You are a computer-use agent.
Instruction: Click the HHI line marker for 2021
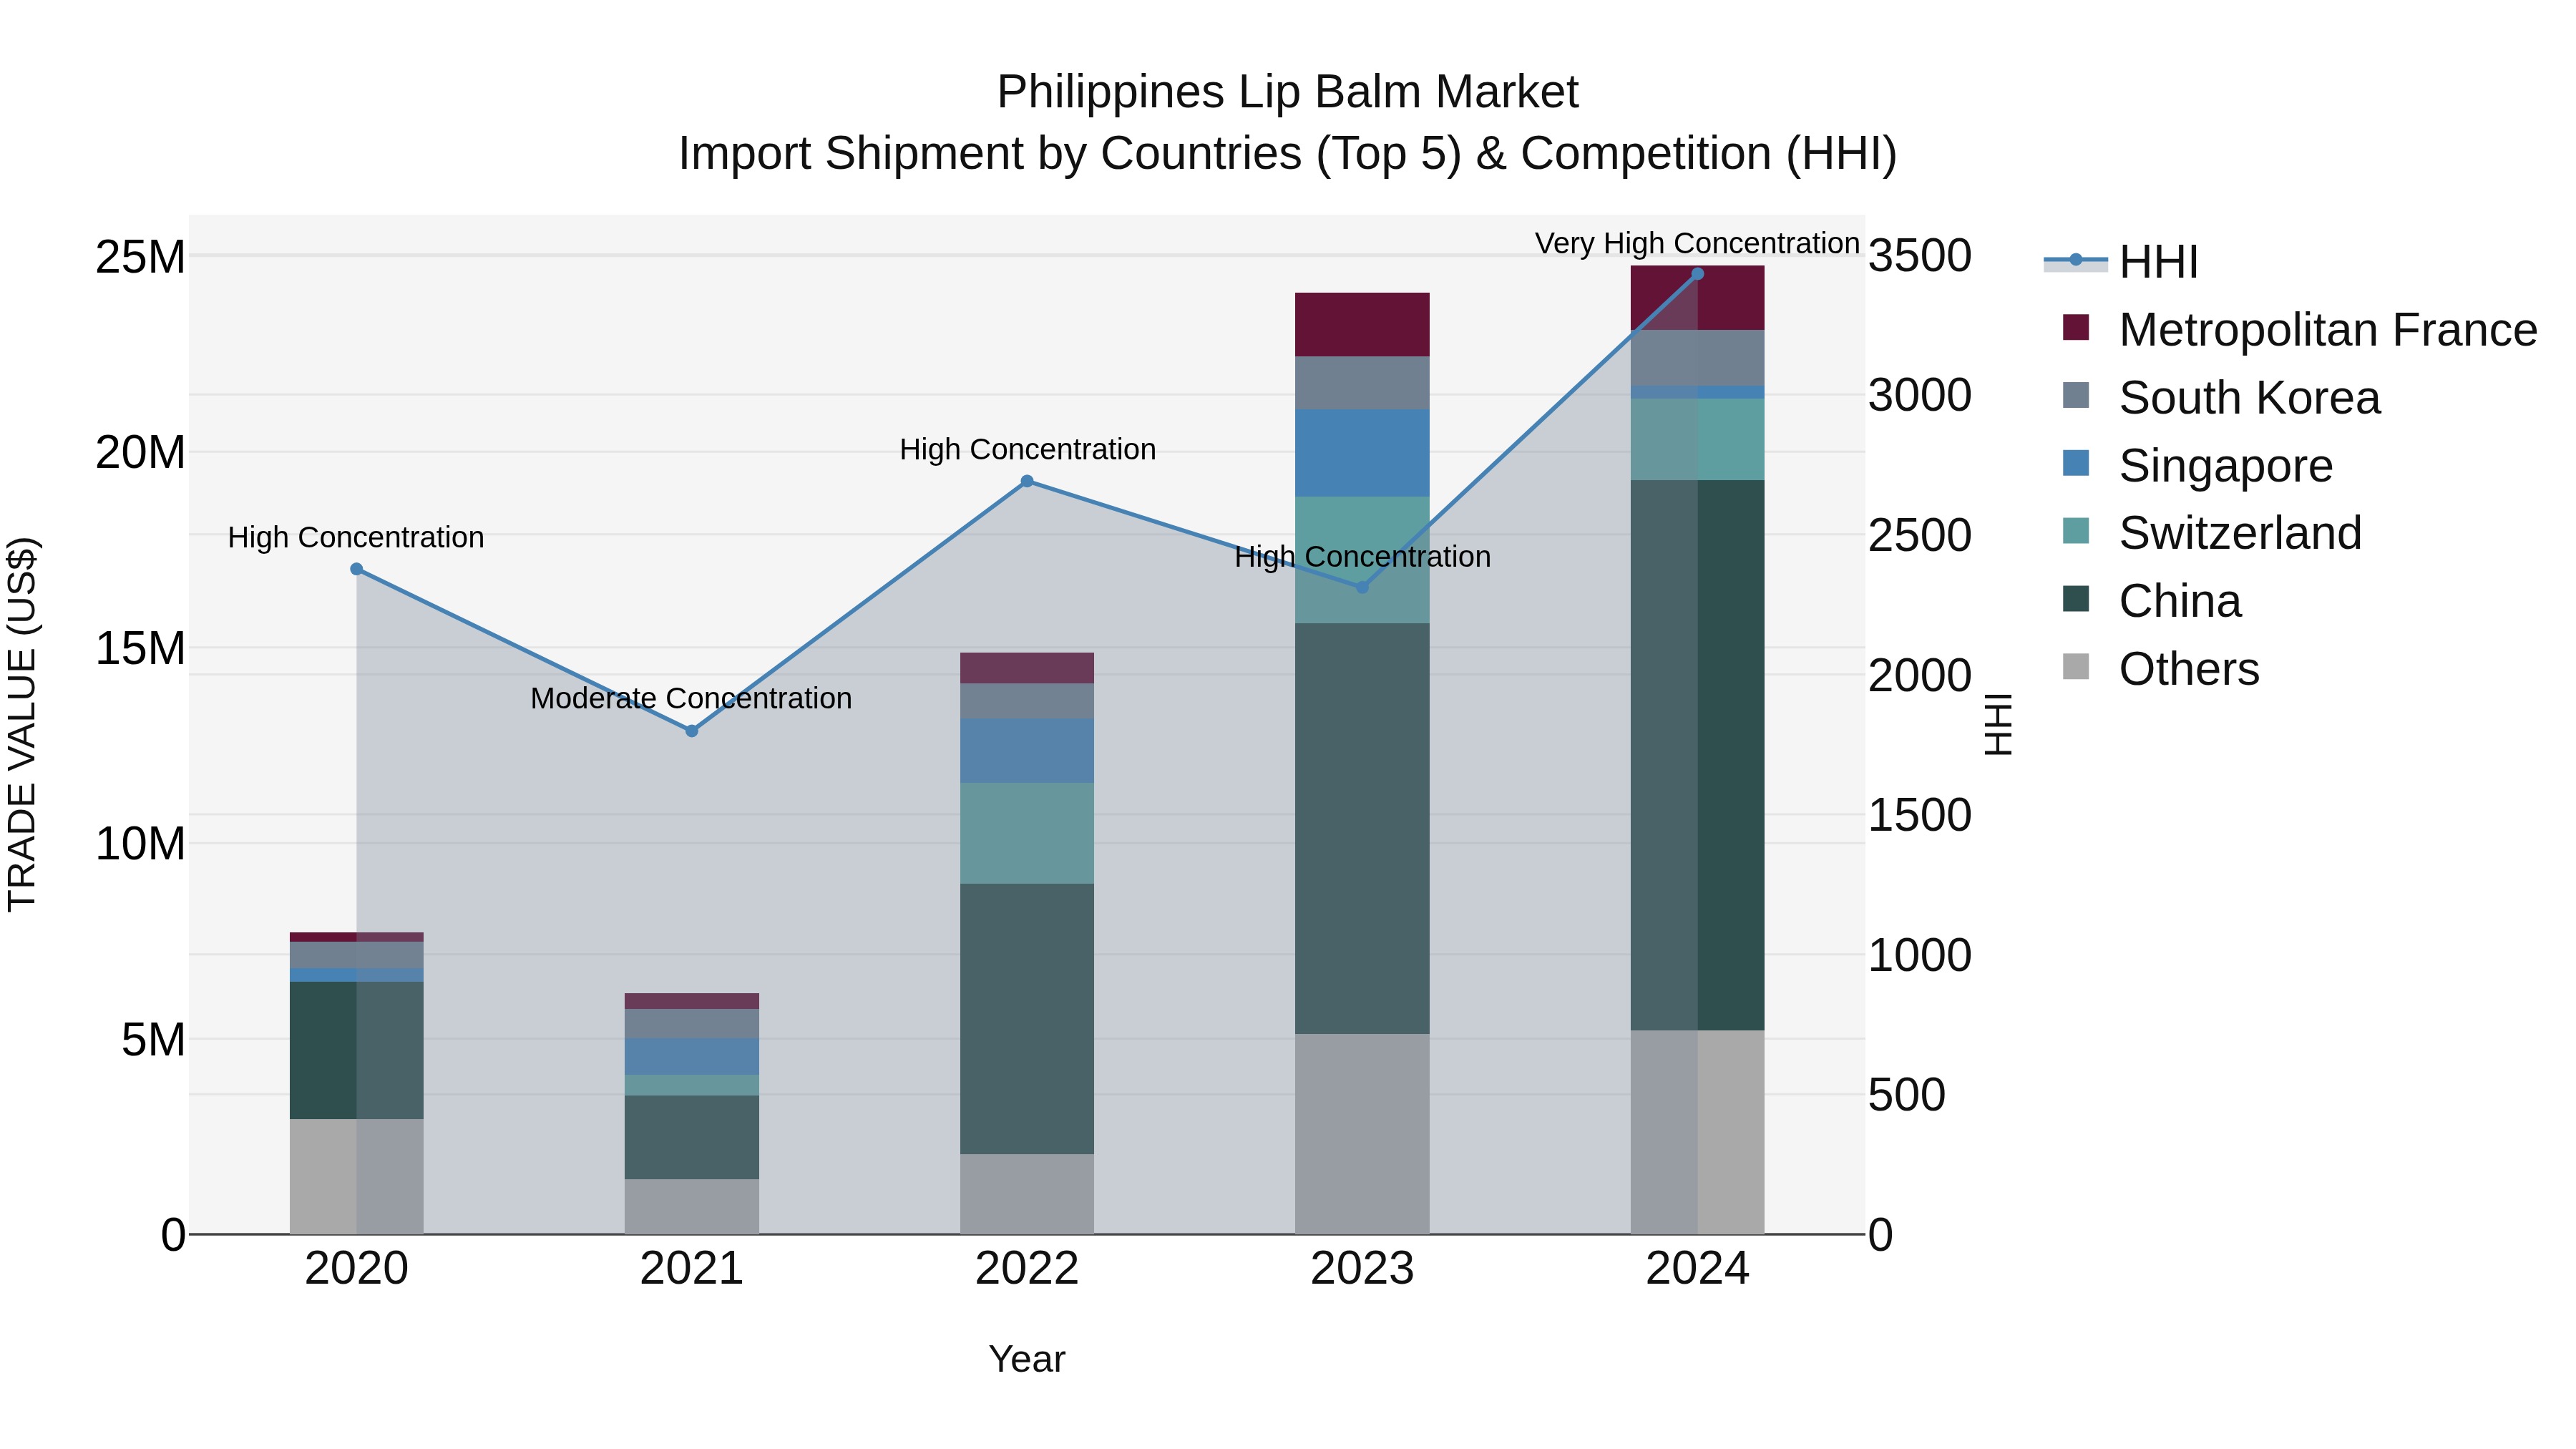pos(691,731)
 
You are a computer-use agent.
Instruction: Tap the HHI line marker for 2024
pos(1697,274)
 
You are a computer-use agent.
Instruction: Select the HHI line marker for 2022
pos(1027,481)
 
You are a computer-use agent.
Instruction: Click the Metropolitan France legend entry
pos(2327,330)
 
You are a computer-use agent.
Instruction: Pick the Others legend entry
pos(2188,669)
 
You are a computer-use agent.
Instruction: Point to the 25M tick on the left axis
pos(140,257)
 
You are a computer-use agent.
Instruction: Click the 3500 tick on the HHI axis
pos(1919,256)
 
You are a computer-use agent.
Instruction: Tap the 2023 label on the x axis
pos(1362,1269)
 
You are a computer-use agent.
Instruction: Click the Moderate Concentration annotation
pos(691,698)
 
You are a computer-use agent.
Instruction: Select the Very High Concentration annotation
pos(1697,243)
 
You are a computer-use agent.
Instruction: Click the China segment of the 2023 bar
pos(1362,828)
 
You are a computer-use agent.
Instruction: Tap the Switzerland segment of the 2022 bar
pos(1027,833)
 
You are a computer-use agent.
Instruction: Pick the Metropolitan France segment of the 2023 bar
pos(1362,324)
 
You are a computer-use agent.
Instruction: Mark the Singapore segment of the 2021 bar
pos(691,1056)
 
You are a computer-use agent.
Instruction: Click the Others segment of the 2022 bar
pos(1027,1194)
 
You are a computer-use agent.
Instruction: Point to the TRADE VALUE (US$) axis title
pos(22,724)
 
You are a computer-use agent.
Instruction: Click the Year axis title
pos(1027,1359)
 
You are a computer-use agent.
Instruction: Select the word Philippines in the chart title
pos(1109,92)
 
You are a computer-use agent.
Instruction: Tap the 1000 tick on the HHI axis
pos(1919,955)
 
